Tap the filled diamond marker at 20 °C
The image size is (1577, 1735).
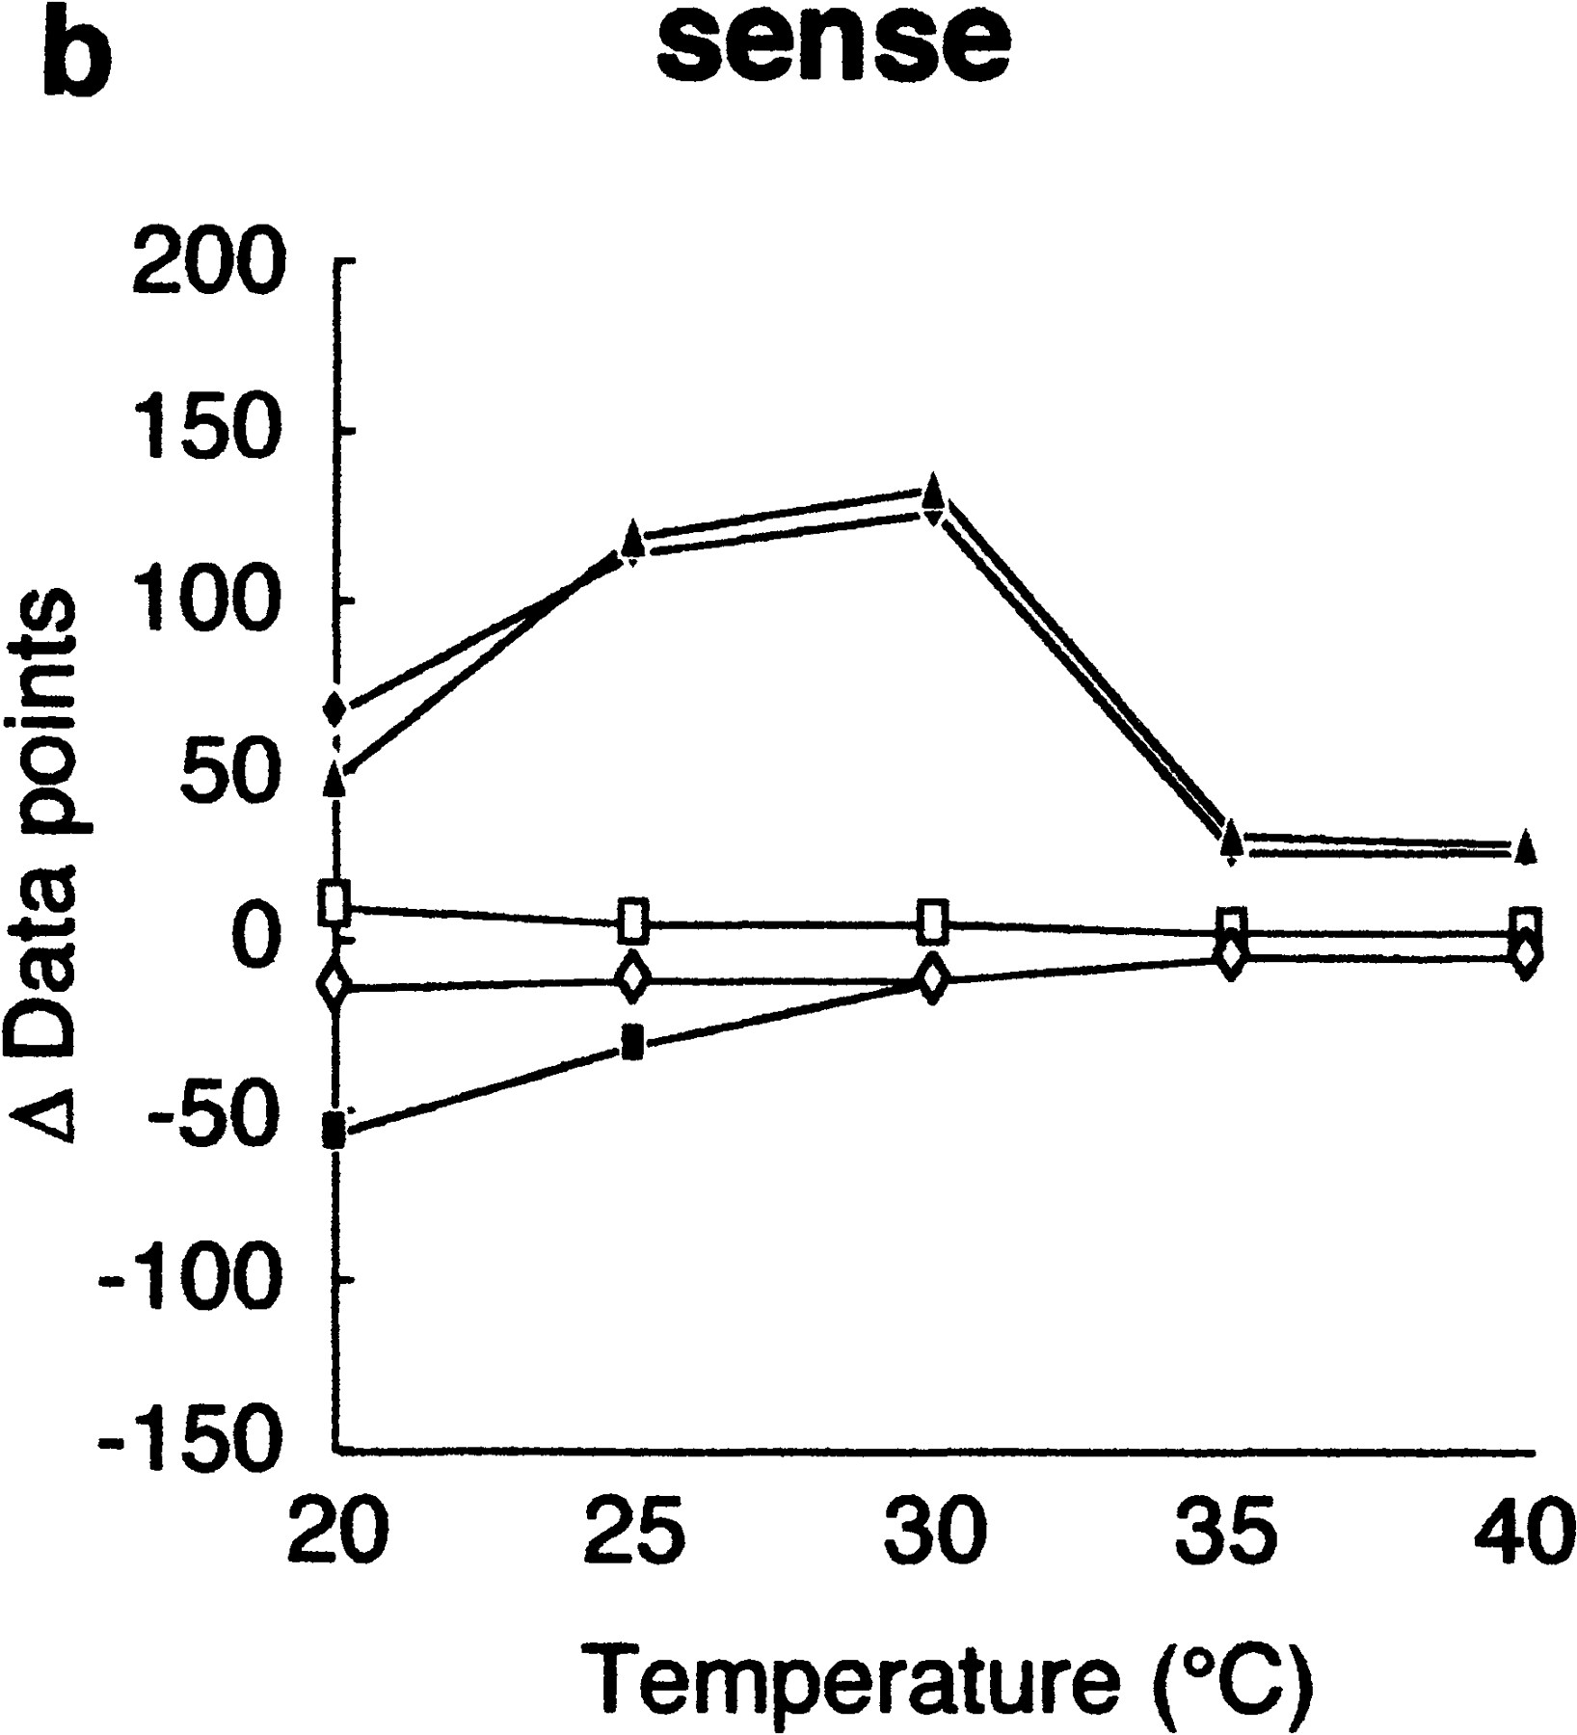(334, 708)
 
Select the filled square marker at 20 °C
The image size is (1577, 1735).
(334, 1131)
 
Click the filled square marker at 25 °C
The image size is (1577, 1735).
(632, 1042)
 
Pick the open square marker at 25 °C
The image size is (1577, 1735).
(633, 920)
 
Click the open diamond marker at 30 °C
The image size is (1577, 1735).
(931, 978)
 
